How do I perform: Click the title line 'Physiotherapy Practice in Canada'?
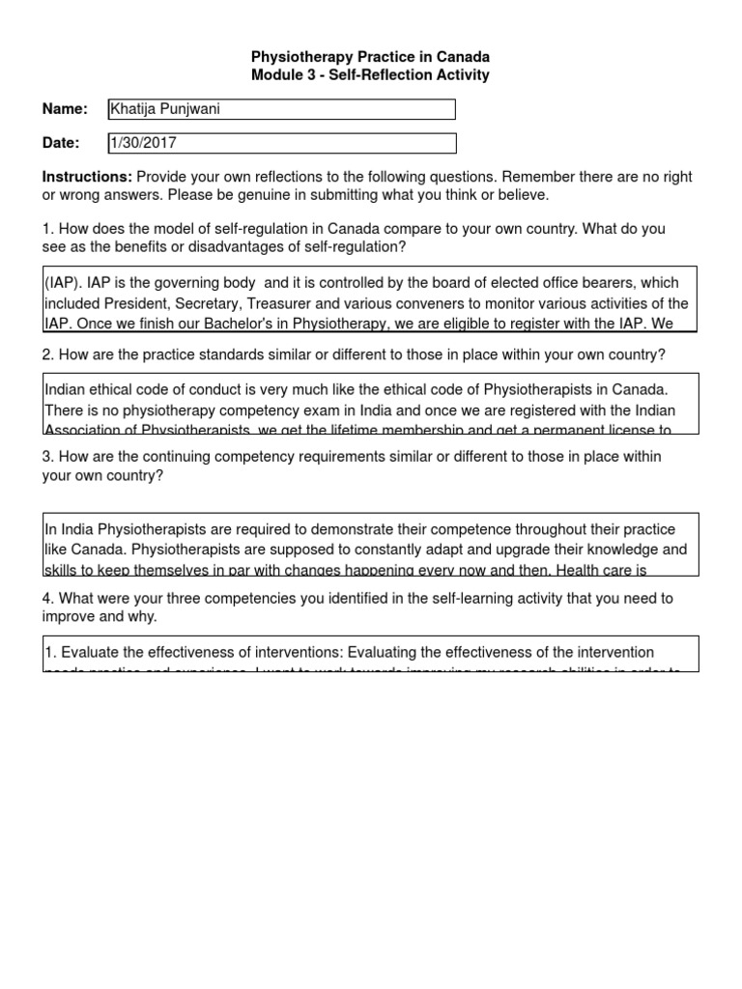coord(371,58)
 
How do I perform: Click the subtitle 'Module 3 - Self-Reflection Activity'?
coord(371,75)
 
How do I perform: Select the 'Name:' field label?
coord(65,109)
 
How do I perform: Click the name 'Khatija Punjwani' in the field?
coord(165,109)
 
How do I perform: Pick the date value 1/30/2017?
coord(144,143)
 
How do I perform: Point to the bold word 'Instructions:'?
coord(87,178)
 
